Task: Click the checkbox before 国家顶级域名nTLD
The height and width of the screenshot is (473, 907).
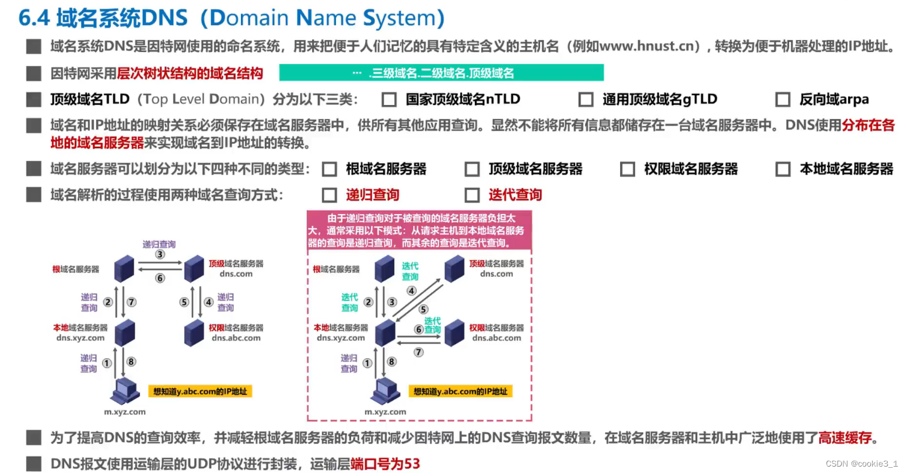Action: [389, 100]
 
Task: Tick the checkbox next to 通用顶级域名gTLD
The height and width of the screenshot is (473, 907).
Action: [586, 100]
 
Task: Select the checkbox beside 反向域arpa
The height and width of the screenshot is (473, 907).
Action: [783, 100]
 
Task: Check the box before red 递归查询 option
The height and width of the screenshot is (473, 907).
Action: [330, 195]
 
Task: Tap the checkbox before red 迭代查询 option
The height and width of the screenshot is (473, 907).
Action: [472, 195]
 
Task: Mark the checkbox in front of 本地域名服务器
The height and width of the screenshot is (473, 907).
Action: [783, 169]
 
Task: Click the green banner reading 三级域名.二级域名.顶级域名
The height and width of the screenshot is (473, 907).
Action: [442, 73]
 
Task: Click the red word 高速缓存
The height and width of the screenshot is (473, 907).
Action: [845, 437]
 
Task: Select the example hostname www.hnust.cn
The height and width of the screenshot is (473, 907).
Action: [647, 46]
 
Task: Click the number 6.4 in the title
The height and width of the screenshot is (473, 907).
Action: [34, 18]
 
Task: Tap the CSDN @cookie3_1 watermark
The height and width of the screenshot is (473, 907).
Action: [861, 464]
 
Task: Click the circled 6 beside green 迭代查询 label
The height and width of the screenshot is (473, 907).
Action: [418, 330]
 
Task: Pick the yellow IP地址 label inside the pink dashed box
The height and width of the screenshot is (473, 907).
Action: [461, 391]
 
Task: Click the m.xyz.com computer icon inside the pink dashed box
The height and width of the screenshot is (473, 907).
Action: [385, 392]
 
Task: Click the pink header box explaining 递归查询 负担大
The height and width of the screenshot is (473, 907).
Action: [419, 230]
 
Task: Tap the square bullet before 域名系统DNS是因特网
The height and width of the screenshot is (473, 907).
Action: [34, 46]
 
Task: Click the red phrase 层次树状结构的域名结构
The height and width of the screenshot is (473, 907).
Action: [190, 73]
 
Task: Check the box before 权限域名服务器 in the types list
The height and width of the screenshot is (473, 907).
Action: [628, 169]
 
